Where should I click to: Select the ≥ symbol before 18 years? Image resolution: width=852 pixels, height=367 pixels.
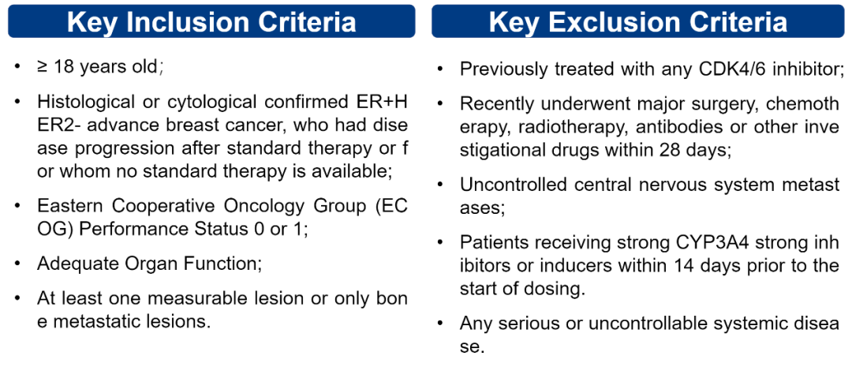pyautogui.click(x=43, y=68)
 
